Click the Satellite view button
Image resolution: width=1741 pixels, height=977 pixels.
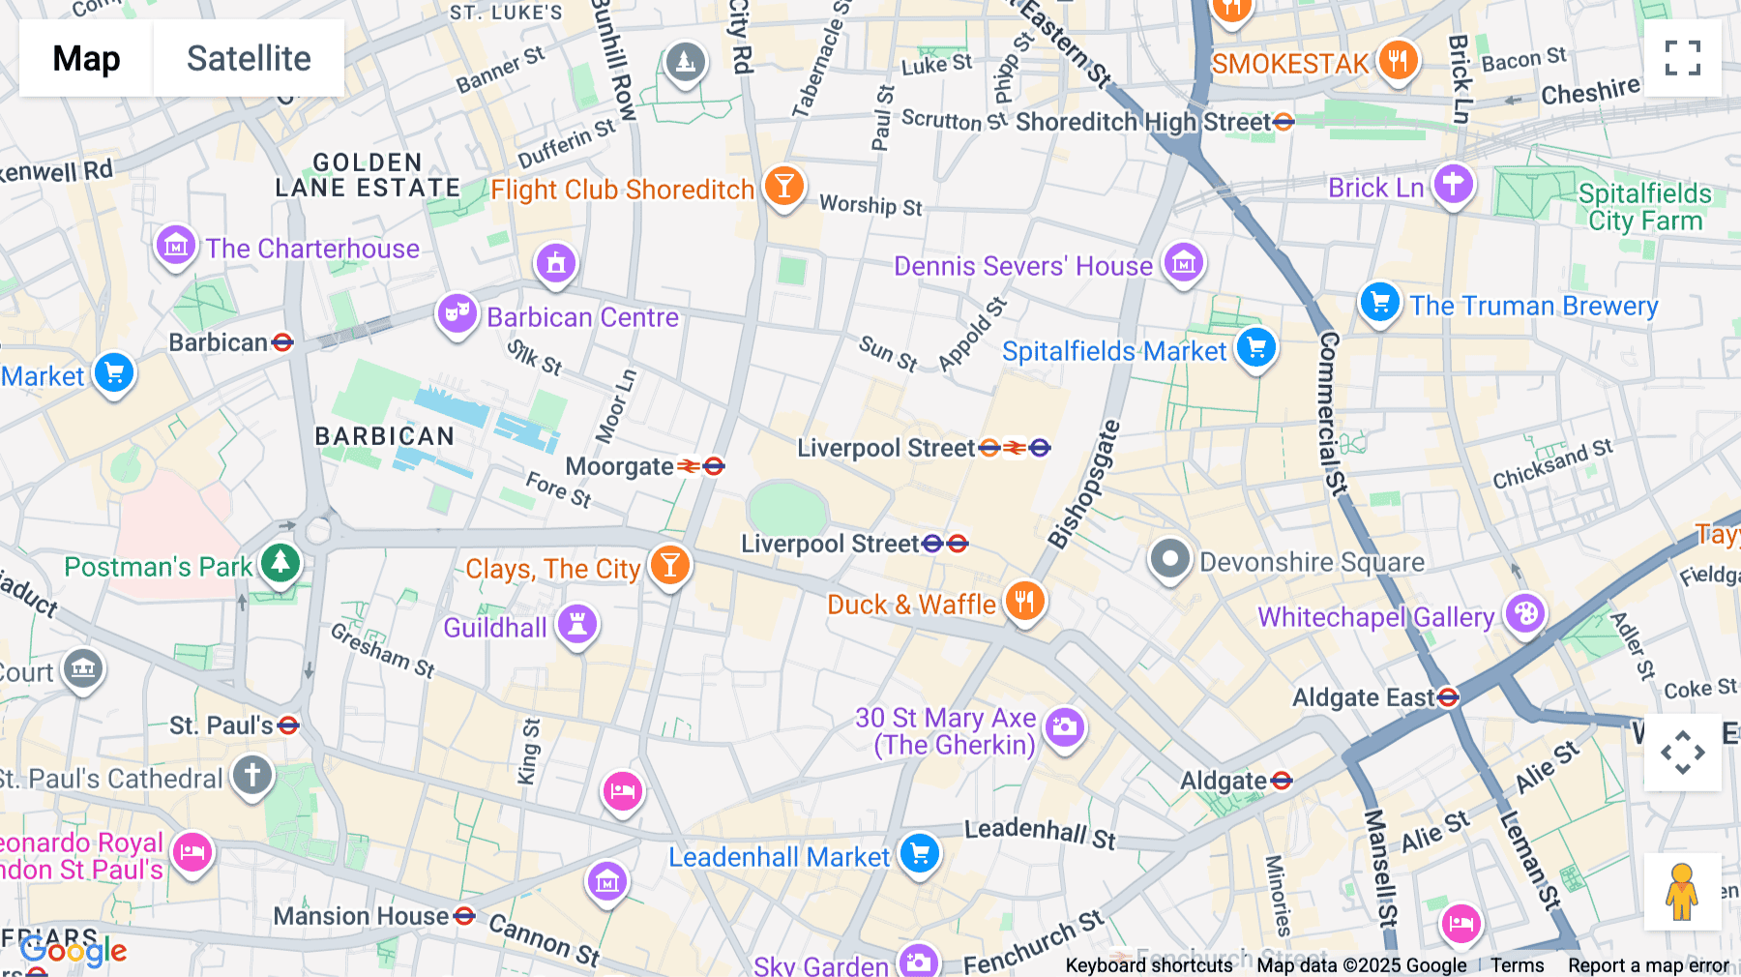249,58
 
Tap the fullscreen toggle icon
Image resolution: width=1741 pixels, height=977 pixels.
1682,58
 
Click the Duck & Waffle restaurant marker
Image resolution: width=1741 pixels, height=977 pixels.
1024,602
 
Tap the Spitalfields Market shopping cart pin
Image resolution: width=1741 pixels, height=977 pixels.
1255,348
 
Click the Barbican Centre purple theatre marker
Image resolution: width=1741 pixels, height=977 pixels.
457,313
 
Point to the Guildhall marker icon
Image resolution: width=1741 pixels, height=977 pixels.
577,624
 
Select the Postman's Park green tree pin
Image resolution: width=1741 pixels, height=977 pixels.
280,562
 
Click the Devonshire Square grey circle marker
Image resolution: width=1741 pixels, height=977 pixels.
1169,559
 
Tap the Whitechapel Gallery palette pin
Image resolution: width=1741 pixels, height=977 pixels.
1525,614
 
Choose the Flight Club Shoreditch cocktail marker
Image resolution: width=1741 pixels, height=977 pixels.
783,186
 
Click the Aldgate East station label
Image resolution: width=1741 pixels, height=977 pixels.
1365,697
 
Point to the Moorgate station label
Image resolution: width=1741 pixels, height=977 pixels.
620,466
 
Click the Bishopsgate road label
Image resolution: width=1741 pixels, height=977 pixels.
1084,484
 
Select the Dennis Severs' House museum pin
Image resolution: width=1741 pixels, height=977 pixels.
1184,262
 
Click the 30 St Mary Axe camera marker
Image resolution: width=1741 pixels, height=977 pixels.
1064,726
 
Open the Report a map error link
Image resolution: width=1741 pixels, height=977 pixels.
1648,965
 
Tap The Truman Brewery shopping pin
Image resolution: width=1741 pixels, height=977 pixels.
1379,303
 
